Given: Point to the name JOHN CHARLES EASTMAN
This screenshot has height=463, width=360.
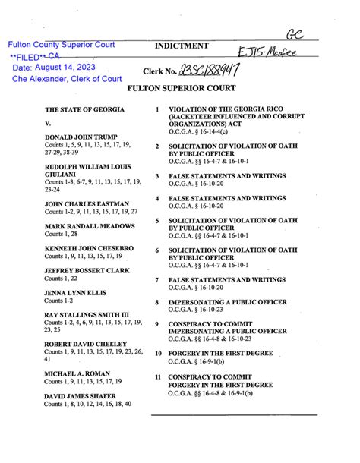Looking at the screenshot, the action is [86, 204].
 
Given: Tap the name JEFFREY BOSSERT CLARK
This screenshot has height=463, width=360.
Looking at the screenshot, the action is [85, 271].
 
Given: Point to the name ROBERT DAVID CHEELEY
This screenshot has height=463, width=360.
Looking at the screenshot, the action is [84, 344].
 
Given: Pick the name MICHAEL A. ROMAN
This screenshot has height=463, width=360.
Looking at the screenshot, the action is [76, 373].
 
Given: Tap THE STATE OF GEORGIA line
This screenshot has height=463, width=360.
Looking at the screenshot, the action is [84, 110].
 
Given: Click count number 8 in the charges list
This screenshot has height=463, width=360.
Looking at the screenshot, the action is [156, 302].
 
